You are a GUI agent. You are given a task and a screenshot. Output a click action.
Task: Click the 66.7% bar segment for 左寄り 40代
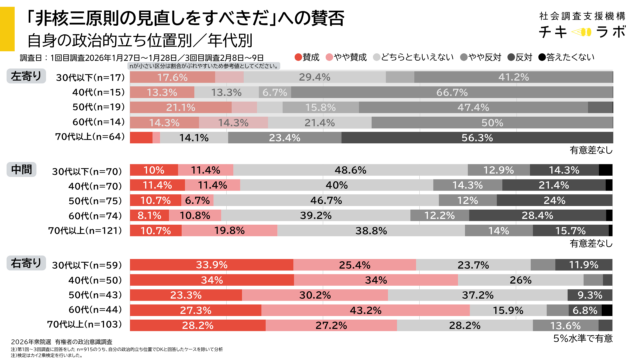point(452,92)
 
